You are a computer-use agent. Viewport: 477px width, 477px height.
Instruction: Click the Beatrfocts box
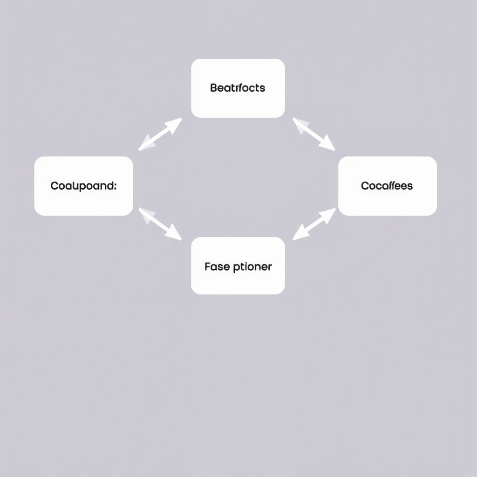tap(238, 88)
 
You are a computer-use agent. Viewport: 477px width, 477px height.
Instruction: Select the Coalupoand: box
tap(84, 186)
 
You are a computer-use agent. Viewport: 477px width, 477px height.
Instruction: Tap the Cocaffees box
tap(387, 186)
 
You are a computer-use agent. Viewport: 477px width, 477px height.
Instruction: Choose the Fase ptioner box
tap(238, 266)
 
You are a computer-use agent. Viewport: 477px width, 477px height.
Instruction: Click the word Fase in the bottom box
tap(217, 267)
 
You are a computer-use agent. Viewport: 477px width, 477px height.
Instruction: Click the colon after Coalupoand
tap(116, 186)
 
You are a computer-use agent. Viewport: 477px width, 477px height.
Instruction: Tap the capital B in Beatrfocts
tap(213, 88)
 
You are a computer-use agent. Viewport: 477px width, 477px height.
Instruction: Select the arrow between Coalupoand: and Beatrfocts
tap(160, 134)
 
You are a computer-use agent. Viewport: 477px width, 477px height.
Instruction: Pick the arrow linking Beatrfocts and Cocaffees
tap(313, 134)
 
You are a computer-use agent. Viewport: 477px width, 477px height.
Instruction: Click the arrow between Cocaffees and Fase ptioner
tap(314, 224)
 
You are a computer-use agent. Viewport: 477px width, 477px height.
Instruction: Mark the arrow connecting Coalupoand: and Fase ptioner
tap(160, 224)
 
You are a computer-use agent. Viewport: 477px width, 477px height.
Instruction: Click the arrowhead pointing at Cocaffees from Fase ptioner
tap(329, 213)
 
